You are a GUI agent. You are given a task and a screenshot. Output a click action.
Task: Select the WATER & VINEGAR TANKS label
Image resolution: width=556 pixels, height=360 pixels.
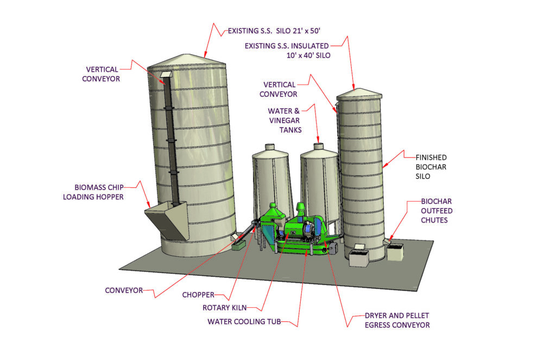coord(285,121)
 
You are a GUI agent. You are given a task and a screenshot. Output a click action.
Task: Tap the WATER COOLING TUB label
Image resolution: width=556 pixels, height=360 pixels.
coord(244,321)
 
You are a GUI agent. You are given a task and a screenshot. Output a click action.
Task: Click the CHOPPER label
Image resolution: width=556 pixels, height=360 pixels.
coord(198,295)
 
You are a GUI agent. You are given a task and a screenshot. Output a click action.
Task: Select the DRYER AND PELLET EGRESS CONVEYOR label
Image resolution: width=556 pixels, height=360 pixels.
coord(390,320)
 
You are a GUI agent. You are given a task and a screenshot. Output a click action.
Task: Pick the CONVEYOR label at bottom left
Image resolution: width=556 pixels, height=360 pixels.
coord(124,290)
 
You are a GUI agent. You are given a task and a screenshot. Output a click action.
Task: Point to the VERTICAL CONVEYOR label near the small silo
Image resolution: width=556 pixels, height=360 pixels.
coord(279,90)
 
